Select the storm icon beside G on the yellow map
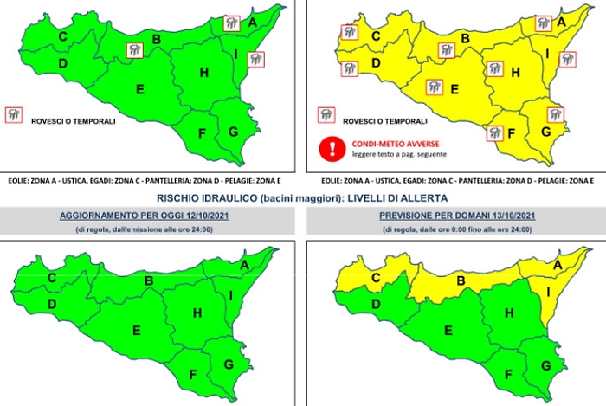tap(555, 114)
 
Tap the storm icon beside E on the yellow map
tap(433, 86)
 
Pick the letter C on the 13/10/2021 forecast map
tap(375, 277)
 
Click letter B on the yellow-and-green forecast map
tap(461, 280)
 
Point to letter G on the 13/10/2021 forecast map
tap(545, 364)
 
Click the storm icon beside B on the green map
tap(136, 51)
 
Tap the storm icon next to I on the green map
tap(255, 59)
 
